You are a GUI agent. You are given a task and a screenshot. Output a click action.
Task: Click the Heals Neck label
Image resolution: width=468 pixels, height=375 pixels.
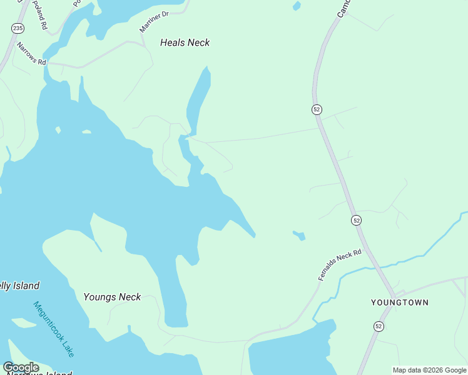pos(185,42)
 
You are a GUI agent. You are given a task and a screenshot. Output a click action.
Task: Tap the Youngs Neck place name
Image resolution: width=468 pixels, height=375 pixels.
pos(112,297)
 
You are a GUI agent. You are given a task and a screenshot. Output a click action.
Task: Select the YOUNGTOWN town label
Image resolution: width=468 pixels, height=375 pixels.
pos(399,302)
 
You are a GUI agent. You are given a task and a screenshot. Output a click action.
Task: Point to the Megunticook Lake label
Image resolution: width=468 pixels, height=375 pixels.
pos(53,329)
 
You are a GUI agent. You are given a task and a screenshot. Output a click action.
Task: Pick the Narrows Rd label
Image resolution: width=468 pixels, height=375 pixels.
pos(31,54)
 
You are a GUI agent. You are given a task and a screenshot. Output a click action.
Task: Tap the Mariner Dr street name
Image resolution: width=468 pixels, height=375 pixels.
pos(154,22)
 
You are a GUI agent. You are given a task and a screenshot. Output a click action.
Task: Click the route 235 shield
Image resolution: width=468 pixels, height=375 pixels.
pos(18,28)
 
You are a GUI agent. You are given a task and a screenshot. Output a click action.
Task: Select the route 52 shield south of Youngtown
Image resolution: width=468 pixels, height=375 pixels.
pos(379,326)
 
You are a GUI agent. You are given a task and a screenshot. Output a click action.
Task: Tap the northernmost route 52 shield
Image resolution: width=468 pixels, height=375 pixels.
pos(317,109)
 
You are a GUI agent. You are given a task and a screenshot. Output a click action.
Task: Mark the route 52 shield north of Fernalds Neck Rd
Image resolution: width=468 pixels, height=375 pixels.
pos(356,220)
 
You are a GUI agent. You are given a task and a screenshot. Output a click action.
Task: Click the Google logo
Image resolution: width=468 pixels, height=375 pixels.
pos(21,367)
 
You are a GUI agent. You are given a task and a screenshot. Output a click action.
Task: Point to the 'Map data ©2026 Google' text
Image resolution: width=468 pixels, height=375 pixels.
pos(429,370)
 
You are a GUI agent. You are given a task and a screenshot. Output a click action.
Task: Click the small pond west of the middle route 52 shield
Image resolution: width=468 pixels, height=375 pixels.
pos(299,236)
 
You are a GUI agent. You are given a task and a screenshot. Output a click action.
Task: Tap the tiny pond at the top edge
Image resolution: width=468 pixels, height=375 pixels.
pos(297,6)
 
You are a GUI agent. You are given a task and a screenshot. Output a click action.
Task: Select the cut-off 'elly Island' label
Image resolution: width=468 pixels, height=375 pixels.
pos(19,286)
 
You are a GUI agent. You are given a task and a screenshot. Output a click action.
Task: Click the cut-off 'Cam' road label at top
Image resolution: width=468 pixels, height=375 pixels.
pos(343,8)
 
